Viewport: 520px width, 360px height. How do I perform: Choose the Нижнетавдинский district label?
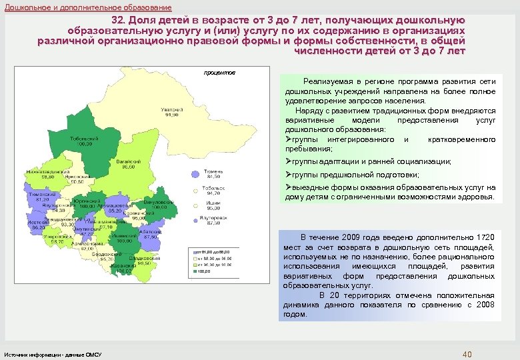(43, 171)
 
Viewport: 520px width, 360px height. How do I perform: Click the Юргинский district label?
(85, 200)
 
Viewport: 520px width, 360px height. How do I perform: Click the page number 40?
(467, 353)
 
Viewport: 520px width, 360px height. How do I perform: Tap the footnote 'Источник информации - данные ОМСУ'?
(53, 354)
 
